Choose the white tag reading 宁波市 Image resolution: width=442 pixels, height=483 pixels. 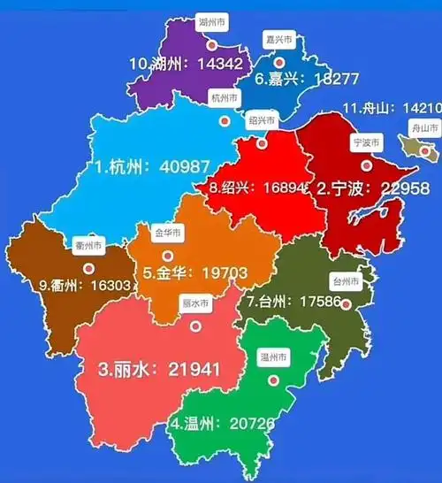coord(365,142)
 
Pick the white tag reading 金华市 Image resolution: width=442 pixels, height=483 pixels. coord(168,234)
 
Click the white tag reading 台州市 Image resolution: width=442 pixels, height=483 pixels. coord(346,282)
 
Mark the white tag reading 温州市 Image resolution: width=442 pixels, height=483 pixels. coord(273,358)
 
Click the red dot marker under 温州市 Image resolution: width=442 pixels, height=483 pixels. coord(274,380)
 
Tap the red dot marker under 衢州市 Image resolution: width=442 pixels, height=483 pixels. coord(88,267)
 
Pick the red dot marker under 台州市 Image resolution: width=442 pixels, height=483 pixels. coord(347,305)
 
